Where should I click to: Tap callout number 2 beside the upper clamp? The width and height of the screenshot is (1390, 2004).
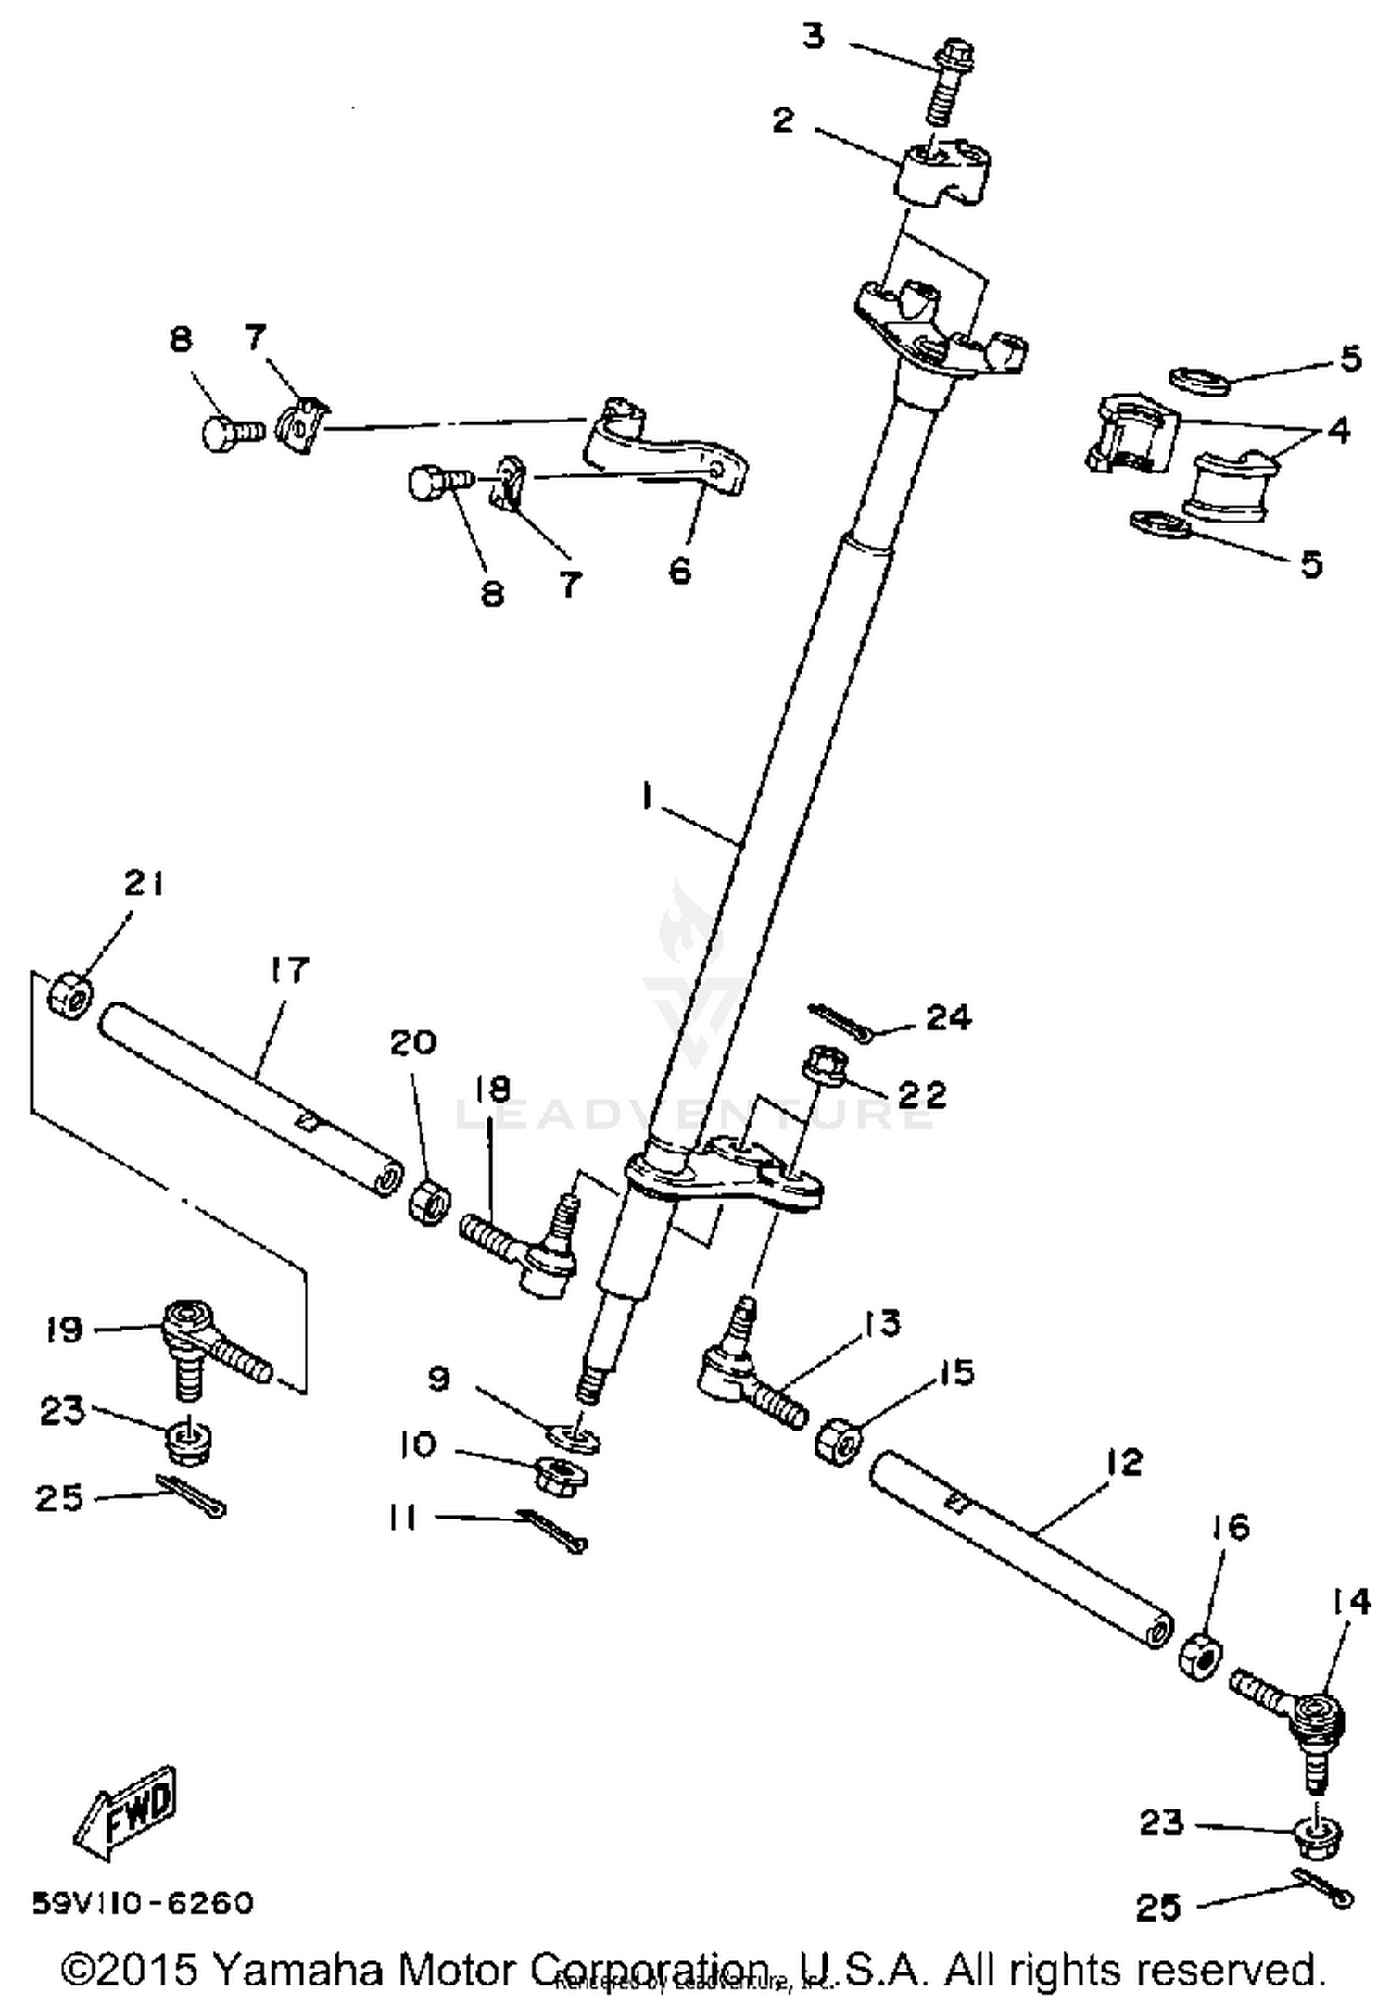784,120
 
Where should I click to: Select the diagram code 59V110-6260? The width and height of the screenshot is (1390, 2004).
143,1903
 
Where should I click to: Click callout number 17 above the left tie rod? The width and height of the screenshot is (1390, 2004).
288,970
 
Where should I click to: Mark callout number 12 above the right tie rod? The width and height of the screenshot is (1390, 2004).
1124,1462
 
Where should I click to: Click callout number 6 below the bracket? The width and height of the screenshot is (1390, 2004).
680,571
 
